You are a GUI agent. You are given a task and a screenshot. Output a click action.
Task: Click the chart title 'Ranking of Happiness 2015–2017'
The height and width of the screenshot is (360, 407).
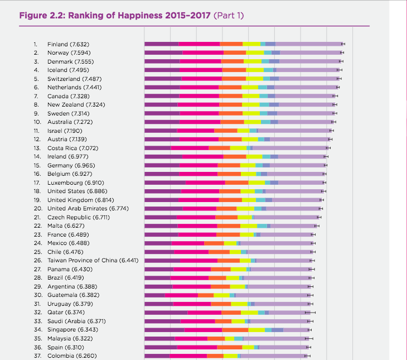click(x=115, y=15)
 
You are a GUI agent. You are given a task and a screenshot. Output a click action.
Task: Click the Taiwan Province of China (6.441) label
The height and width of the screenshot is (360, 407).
click(x=93, y=260)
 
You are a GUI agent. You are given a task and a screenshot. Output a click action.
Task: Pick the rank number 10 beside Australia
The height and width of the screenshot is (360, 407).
click(x=37, y=122)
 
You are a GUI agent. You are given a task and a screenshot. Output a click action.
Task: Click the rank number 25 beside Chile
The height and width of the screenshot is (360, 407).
click(x=37, y=252)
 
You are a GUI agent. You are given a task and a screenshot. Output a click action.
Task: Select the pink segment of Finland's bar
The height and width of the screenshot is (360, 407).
click(x=199, y=44)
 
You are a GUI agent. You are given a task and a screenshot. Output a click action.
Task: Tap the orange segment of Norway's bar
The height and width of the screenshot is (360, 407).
click(x=235, y=52)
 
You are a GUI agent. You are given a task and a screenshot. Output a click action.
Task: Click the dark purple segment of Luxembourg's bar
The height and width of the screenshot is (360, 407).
click(x=165, y=183)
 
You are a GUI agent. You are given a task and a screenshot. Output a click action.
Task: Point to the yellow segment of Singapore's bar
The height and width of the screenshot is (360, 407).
click(x=256, y=330)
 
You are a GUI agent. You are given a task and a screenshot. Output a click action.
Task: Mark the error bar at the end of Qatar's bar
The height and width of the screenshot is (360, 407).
click(x=311, y=313)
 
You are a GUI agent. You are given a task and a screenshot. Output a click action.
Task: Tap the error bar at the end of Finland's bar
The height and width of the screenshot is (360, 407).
click(x=343, y=44)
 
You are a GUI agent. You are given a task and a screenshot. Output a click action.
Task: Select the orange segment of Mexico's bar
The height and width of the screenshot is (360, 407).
click(x=214, y=243)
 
